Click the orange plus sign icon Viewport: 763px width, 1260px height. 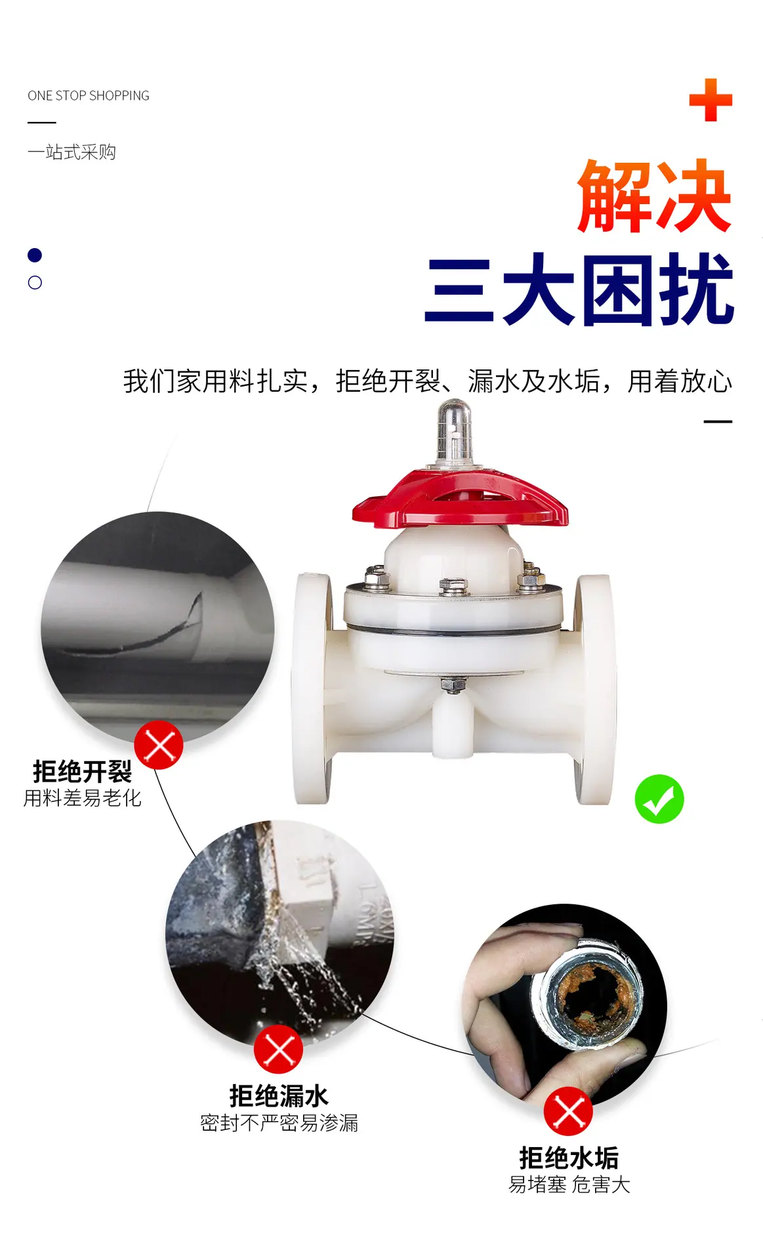click(x=711, y=100)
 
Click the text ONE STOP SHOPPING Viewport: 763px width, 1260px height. click(x=89, y=96)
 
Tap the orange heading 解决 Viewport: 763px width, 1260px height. click(x=654, y=196)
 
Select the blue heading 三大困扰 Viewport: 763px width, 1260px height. click(x=579, y=289)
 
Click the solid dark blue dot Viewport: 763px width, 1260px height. click(x=35, y=255)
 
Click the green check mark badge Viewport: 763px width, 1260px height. click(x=659, y=799)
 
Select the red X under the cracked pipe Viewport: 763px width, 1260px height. click(x=159, y=745)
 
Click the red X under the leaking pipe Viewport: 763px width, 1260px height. click(x=279, y=1049)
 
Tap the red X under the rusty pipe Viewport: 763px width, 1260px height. click(x=568, y=1112)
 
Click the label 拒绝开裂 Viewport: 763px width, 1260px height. click(x=83, y=772)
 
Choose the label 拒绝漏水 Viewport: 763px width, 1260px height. click(x=279, y=1096)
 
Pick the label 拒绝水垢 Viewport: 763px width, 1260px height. click(x=569, y=1158)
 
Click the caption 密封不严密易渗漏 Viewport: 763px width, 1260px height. click(x=279, y=1123)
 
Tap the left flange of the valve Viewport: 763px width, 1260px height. click(x=312, y=688)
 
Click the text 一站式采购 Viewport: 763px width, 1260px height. click(x=72, y=152)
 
